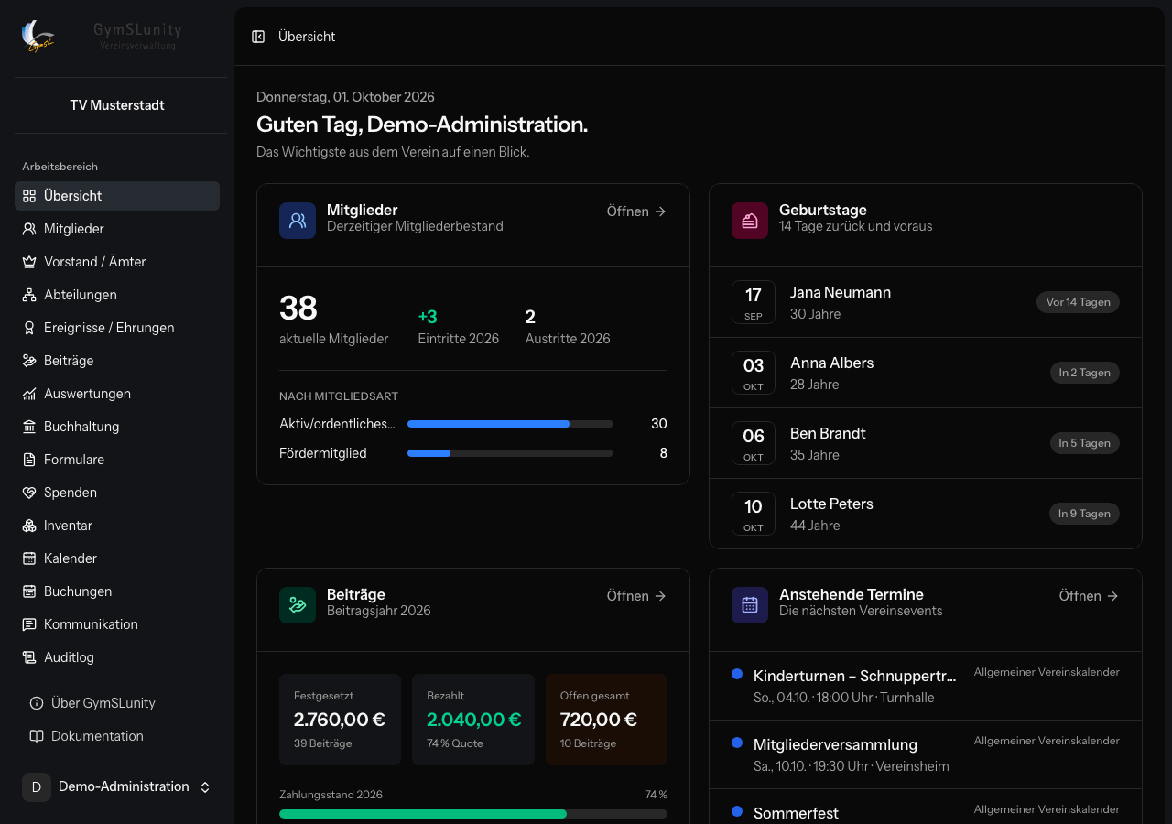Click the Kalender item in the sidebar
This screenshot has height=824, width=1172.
[x=71, y=558]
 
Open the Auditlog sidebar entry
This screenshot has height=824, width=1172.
[x=69, y=657]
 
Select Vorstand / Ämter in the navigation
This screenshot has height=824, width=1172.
[x=94, y=262]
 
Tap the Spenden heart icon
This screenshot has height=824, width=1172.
[x=29, y=493]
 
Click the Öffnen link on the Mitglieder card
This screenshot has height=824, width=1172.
[x=635, y=211]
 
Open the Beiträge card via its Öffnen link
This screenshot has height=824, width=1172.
[x=635, y=596]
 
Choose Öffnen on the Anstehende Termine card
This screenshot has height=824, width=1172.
[x=1089, y=596]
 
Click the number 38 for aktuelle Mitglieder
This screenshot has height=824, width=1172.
[x=298, y=308]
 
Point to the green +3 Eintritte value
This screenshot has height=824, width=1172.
[x=428, y=317]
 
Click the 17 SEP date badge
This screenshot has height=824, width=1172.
[x=754, y=302]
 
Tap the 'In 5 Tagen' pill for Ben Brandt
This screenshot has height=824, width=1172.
[x=1085, y=443]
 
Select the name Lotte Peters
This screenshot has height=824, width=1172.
[x=831, y=504]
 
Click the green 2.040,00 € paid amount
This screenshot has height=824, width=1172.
[x=473, y=720]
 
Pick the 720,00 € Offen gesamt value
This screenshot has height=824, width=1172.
[x=599, y=720]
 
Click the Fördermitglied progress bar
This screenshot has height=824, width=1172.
[x=510, y=453]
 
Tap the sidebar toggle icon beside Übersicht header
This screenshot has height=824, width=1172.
[x=258, y=37]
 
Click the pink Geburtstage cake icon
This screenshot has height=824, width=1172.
[x=750, y=221]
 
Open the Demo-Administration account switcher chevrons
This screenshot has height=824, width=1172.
[x=205, y=786]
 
